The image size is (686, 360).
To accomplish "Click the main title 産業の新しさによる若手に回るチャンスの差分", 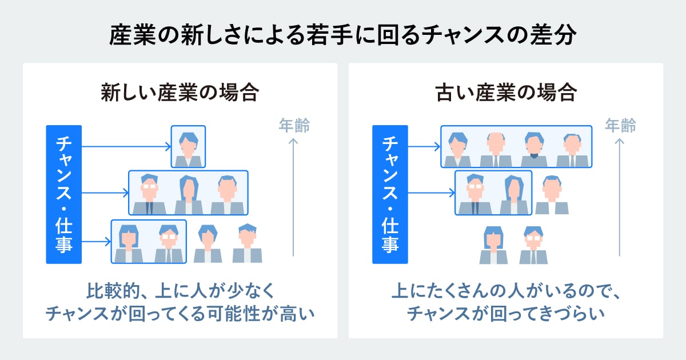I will point(343,35).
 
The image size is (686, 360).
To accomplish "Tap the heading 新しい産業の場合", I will point(180,93).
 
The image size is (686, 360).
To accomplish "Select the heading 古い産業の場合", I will point(505,93).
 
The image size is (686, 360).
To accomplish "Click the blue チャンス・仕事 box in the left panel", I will point(64,194).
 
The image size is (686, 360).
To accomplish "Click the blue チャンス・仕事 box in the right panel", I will point(390,194).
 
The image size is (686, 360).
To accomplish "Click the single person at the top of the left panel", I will point(188,147).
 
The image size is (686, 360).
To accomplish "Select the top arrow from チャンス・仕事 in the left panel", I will point(126,147).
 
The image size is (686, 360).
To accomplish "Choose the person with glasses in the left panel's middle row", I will point(149,193).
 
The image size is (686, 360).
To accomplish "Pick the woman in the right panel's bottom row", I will point(493,245).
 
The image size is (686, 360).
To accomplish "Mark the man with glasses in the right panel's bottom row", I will point(533,245).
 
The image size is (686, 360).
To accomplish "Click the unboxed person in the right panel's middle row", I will point(552,195).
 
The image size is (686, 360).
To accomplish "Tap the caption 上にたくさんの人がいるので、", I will point(505,293).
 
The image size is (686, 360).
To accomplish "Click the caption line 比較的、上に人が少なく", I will point(180,293).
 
